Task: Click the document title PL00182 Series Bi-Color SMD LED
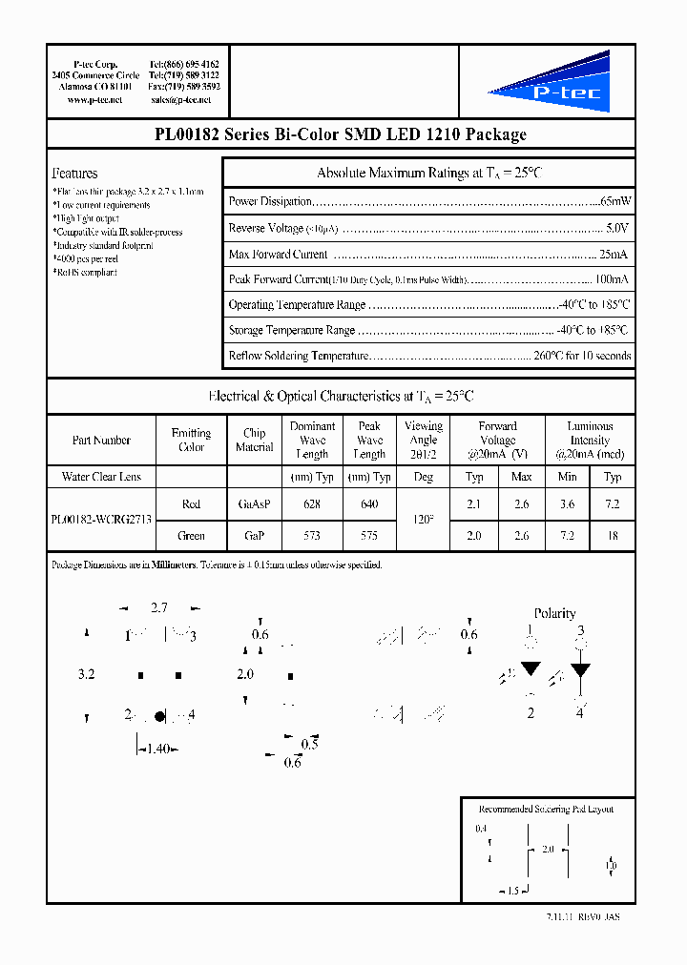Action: pos(341,134)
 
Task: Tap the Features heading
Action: pos(74,174)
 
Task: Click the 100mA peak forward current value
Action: pos(612,279)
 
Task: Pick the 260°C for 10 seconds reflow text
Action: pos(583,356)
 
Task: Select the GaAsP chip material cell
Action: pos(254,504)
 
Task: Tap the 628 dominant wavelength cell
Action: pos(312,504)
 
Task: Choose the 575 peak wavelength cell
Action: pos(369,536)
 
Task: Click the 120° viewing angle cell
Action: pos(424,521)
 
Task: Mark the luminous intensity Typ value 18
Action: pos(613,536)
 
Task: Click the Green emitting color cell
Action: pos(191,536)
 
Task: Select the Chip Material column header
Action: pos(254,440)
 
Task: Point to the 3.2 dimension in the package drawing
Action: pos(86,674)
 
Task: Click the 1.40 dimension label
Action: pos(157,749)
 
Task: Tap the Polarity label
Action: pos(554,613)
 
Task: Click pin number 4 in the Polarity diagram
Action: pos(579,713)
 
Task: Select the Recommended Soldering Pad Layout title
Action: pos(546,809)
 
